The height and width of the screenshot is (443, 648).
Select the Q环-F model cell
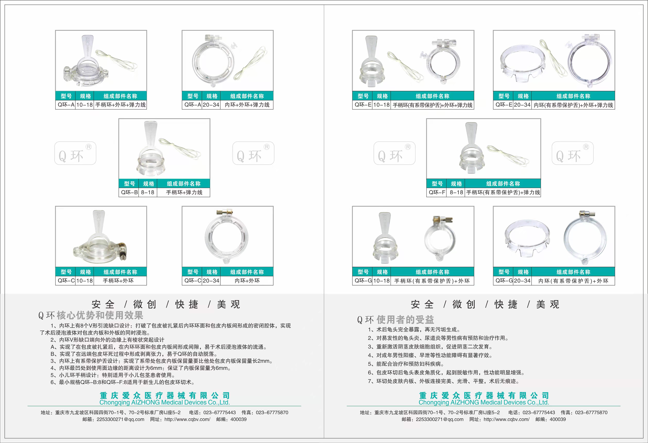click(437, 192)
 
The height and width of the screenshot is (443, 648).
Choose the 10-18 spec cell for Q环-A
click(84, 105)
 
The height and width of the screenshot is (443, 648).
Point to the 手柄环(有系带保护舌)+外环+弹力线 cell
click(433, 105)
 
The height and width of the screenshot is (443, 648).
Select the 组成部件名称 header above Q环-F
click(503, 184)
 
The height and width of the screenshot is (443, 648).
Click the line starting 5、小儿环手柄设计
click(113, 375)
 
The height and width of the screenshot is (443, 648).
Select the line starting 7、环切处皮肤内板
click(443, 381)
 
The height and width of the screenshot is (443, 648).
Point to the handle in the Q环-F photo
click(471, 134)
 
